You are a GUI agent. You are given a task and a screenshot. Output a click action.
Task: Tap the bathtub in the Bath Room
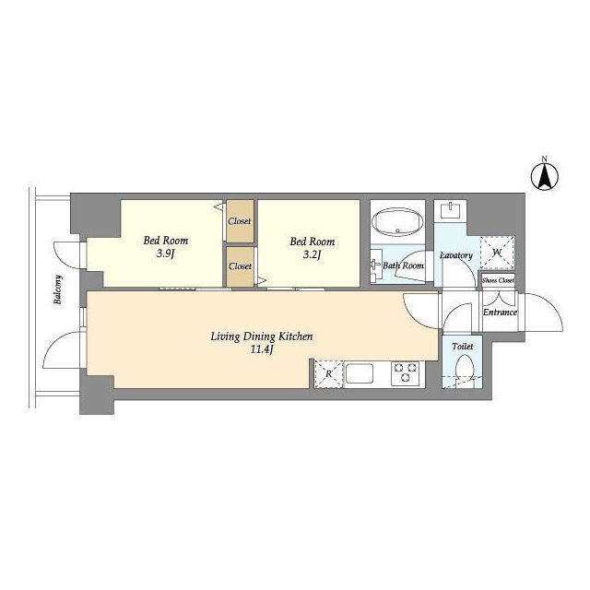click(x=397, y=222)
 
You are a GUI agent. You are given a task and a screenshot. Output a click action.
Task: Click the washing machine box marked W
click(x=497, y=253)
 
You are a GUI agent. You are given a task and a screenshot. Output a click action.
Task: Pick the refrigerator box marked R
click(x=329, y=374)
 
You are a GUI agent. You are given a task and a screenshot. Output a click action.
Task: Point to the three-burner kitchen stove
click(x=405, y=372)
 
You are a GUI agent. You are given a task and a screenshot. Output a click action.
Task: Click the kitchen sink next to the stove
click(x=360, y=372)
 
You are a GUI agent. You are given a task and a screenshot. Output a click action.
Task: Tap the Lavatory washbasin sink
click(x=451, y=209)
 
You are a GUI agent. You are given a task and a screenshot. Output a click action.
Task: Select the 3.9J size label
click(x=166, y=254)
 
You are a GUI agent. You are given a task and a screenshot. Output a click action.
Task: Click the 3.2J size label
click(x=312, y=255)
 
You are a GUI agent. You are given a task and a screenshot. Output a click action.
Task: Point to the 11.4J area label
click(x=262, y=349)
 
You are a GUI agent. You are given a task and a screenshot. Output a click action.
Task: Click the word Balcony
click(x=58, y=289)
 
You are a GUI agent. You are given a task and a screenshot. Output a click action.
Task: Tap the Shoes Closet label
click(x=498, y=280)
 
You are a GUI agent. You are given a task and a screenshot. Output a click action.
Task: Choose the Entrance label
click(x=500, y=313)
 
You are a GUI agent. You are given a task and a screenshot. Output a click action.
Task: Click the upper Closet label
click(x=240, y=221)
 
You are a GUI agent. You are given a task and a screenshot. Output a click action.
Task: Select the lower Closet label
click(x=240, y=266)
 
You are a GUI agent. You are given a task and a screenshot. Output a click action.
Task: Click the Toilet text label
click(x=463, y=347)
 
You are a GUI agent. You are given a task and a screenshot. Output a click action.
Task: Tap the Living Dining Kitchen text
click(x=262, y=336)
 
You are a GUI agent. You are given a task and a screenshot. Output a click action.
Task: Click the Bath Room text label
click(x=404, y=265)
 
